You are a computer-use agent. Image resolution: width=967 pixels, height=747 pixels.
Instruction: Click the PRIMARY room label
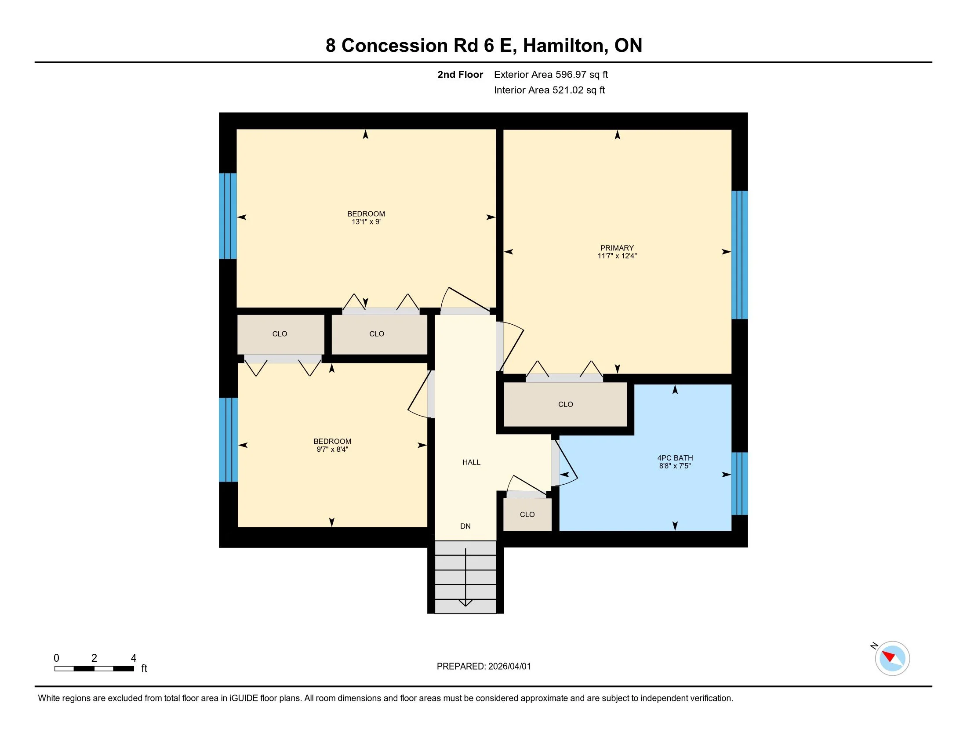(x=617, y=248)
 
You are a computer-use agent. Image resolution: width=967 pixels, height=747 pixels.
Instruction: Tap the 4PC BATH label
(x=675, y=458)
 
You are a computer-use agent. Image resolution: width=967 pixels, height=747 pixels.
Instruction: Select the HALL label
(x=471, y=462)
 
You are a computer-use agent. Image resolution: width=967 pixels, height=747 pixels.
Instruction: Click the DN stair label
(x=465, y=526)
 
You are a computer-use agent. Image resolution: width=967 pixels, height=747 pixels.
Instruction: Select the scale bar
(x=95, y=669)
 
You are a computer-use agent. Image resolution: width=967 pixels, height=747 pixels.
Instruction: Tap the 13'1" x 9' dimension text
(x=366, y=222)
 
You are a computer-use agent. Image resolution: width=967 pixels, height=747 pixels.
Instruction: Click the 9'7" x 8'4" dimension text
(x=332, y=449)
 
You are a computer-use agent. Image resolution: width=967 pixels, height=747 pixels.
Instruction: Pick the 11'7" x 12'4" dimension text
(x=617, y=256)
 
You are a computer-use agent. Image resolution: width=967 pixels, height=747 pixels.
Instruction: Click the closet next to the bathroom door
(x=527, y=515)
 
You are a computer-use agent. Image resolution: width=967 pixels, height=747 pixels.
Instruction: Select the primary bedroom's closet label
(x=565, y=404)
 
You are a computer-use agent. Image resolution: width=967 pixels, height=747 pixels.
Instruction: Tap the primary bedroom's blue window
(x=739, y=255)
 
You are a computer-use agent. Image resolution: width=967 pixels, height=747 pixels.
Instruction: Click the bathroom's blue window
(x=739, y=484)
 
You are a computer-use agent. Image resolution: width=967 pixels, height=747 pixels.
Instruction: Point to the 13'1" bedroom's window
(x=228, y=216)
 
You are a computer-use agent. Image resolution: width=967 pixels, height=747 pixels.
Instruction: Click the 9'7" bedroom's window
(x=229, y=440)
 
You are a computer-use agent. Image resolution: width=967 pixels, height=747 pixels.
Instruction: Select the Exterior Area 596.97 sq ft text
(x=551, y=75)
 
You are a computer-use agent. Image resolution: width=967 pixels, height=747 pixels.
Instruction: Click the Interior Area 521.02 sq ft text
(x=549, y=90)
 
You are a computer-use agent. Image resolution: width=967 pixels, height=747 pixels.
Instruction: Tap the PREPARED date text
(x=484, y=667)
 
